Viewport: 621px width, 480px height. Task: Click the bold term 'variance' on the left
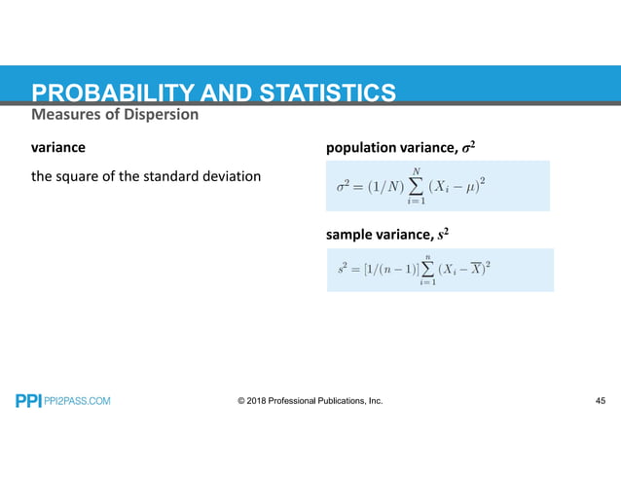click(57, 148)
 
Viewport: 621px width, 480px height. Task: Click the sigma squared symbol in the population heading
click(469, 147)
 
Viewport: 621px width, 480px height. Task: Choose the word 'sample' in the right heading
click(351, 235)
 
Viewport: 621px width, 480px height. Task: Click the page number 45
click(599, 400)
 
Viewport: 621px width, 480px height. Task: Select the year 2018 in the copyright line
click(262, 400)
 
